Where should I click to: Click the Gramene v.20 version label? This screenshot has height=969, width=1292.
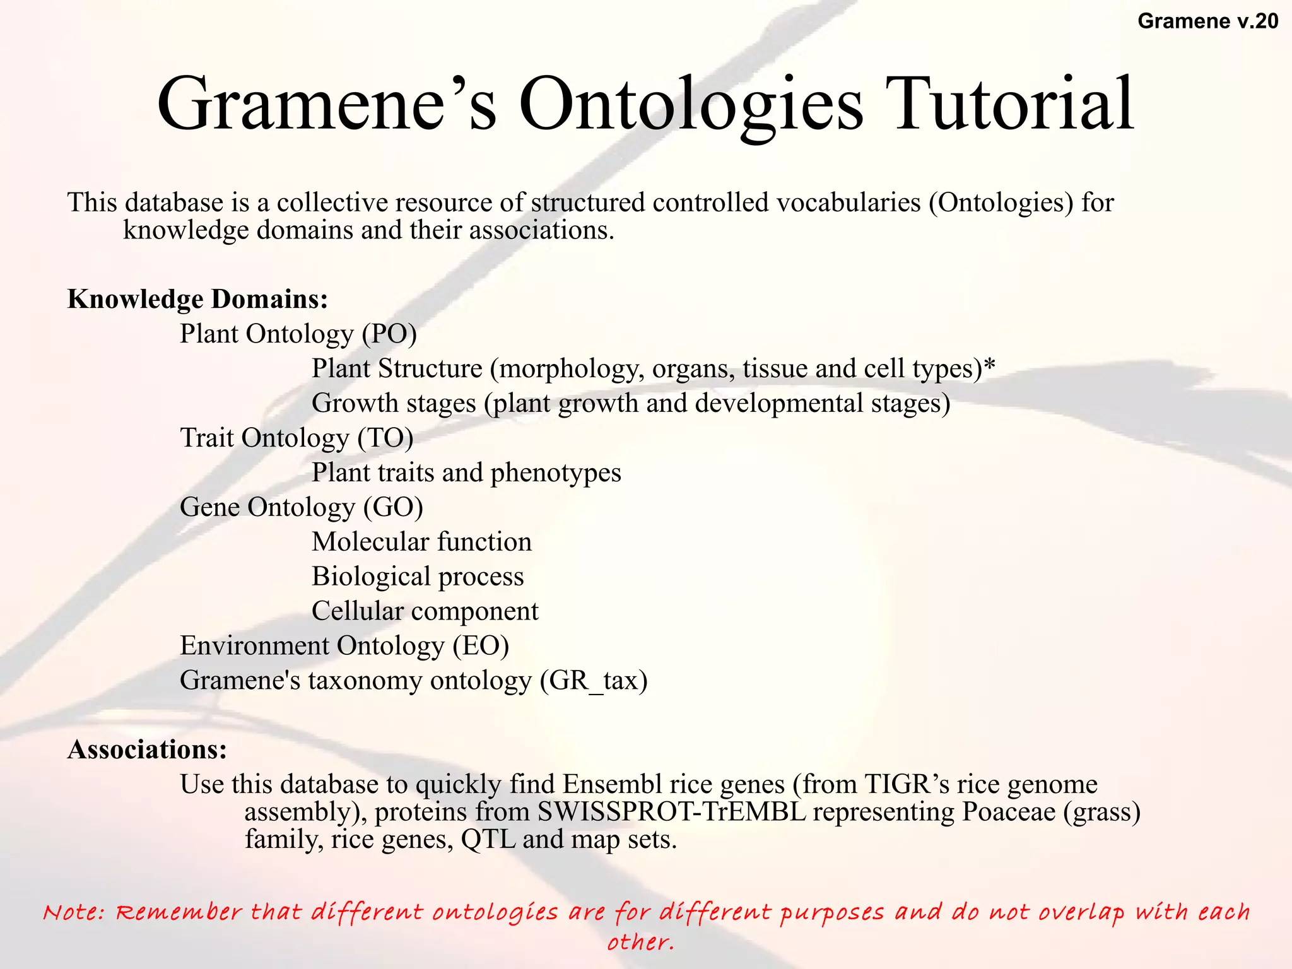[x=1207, y=21]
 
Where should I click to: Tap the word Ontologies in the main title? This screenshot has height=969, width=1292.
[x=690, y=104]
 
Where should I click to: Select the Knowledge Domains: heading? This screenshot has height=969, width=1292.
[x=198, y=299]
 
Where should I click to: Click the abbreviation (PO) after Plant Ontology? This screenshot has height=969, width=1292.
[x=389, y=334]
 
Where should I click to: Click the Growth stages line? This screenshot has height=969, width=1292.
[x=631, y=403]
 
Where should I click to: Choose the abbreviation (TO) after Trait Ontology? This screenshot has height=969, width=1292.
[x=385, y=438]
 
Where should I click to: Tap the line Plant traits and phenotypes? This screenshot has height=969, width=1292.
[x=466, y=473]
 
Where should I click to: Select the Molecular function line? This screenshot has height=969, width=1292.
[x=421, y=542]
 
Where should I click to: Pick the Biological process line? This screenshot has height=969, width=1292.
[x=418, y=577]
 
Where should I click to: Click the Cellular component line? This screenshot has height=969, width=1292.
[x=425, y=611]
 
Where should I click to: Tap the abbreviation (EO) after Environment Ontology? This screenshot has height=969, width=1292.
[x=481, y=646]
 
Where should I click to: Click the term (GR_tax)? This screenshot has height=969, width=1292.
[x=594, y=681]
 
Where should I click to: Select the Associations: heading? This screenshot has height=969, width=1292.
[x=147, y=749]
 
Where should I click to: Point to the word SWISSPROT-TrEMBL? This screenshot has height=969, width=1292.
[x=671, y=812]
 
